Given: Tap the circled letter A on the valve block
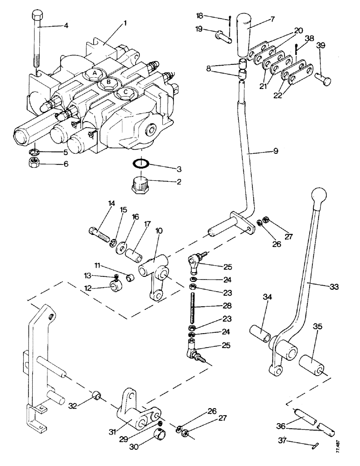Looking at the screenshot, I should pyautogui.click(x=94, y=74).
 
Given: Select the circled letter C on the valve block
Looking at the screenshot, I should pyautogui.click(x=124, y=93).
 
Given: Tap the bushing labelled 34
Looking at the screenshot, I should pyautogui.click(x=261, y=334).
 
